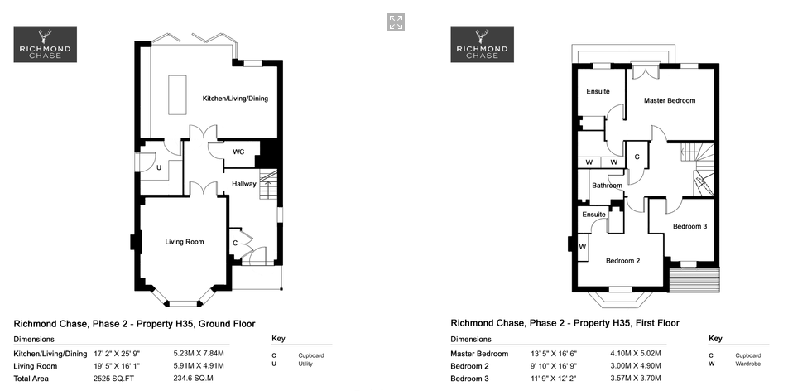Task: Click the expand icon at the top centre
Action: pyautogui.click(x=396, y=22)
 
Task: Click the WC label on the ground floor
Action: pyautogui.click(x=238, y=152)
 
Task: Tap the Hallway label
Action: pyautogui.click(x=244, y=184)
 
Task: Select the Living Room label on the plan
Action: pyautogui.click(x=185, y=242)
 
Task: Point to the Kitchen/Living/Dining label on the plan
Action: pyautogui.click(x=235, y=99)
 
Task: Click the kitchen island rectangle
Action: pyautogui.click(x=177, y=95)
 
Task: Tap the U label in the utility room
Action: pyautogui.click(x=159, y=168)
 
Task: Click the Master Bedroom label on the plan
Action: pyautogui.click(x=670, y=100)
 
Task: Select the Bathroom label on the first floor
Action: pyautogui.click(x=607, y=186)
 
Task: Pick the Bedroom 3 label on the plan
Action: pyautogui.click(x=690, y=226)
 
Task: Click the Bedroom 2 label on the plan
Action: pyautogui.click(x=622, y=261)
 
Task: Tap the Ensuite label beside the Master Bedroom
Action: pyautogui.click(x=598, y=92)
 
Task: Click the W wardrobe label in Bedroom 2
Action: pyautogui.click(x=583, y=247)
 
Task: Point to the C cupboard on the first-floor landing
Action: pyautogui.click(x=637, y=157)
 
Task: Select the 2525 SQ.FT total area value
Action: pyautogui.click(x=114, y=379)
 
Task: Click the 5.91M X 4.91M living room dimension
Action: pyautogui.click(x=199, y=366)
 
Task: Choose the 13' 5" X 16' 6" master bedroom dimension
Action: pyautogui.click(x=554, y=354)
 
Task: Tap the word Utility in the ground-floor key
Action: pyautogui.click(x=305, y=364)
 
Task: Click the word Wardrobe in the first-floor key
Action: pyautogui.click(x=747, y=364)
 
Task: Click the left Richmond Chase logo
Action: pyautogui.click(x=46, y=44)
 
